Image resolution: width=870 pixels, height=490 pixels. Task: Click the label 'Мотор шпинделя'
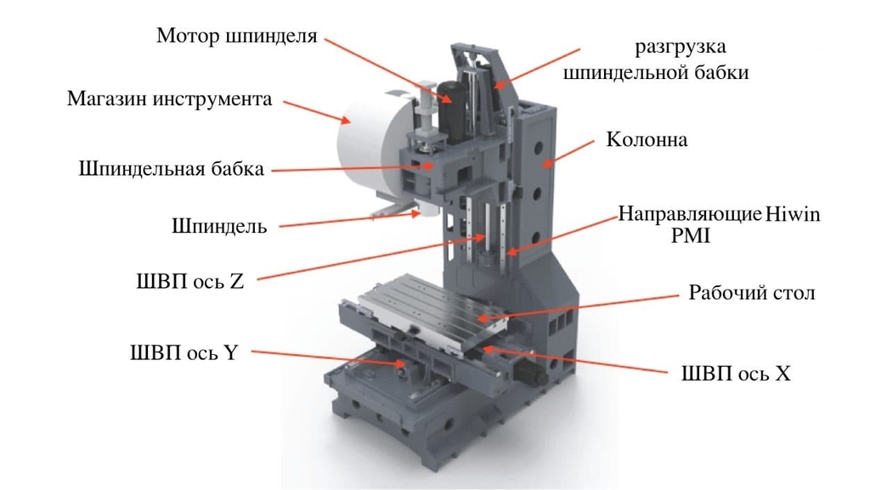[x=237, y=36]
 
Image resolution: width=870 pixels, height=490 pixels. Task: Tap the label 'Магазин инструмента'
[x=170, y=99]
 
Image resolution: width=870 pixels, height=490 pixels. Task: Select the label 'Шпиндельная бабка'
[x=172, y=169]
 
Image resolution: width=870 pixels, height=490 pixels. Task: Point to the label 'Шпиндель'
[x=219, y=226]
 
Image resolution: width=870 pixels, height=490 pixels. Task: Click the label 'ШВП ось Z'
[x=190, y=282]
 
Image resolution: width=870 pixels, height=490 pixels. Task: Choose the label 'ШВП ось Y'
[x=184, y=352]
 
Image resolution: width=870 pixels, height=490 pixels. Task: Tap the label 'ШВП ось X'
[x=736, y=374]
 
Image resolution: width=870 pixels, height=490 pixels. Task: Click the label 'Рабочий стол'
[x=752, y=293]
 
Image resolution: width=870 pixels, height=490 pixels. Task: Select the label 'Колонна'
[x=647, y=139]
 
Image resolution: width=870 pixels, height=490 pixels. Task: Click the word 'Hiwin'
[x=793, y=214]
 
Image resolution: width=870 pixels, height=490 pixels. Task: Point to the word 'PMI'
[x=690, y=236]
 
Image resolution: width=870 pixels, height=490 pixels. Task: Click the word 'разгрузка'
[x=681, y=48]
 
